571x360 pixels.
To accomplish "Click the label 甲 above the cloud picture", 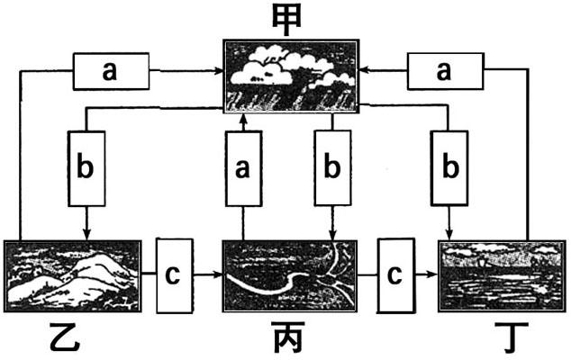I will (x=286, y=21).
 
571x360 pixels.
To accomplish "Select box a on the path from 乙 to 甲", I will (x=110, y=72).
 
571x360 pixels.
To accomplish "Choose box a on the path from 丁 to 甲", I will (x=443, y=72).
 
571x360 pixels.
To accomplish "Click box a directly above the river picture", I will (x=243, y=166).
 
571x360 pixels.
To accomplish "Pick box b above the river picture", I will (x=332, y=166).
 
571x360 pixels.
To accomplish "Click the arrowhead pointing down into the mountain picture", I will (x=86, y=235).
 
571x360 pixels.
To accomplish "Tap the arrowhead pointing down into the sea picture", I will (x=448, y=235).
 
